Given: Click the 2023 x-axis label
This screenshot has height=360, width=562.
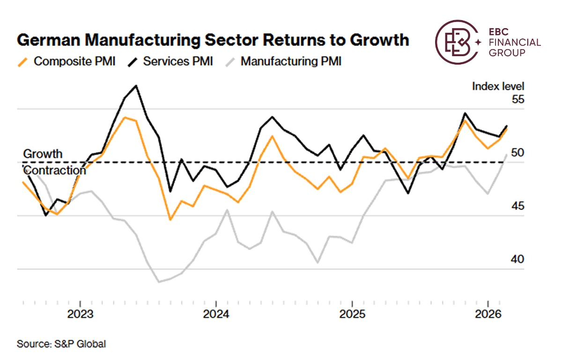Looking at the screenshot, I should click(81, 314).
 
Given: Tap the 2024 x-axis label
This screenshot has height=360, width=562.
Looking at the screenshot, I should click(216, 314).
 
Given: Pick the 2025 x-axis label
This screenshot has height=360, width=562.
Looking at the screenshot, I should click(352, 314).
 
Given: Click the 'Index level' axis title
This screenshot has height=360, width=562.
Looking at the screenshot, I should click(498, 86).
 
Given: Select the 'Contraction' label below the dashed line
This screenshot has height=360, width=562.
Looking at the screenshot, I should click(54, 170).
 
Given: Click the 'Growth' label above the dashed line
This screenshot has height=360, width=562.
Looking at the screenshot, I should click(43, 154).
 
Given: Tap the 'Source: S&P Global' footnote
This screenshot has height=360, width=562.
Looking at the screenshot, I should click(61, 344).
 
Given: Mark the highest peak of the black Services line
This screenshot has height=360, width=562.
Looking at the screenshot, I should click(136, 86).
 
